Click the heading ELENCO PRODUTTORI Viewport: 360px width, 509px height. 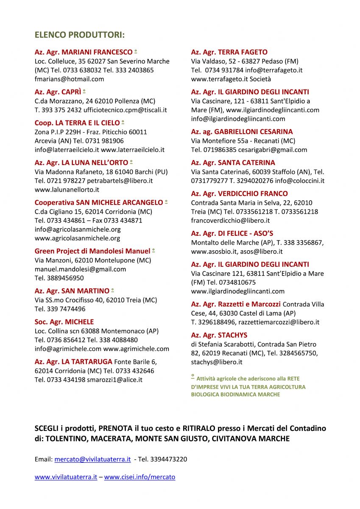80,35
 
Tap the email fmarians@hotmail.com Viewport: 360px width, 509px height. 69,79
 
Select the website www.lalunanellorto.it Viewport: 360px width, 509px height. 67,190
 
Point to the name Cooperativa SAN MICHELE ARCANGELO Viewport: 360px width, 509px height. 98,202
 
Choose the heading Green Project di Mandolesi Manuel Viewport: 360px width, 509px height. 92,251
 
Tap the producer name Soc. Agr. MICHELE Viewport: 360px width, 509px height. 64,322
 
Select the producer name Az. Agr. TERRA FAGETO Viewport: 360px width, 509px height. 229,52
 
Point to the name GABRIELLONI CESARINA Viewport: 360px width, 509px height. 254,131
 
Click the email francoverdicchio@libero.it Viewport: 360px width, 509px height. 230,221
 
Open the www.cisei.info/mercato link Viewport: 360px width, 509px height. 140,477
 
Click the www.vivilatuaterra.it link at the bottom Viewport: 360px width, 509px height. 66,477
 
